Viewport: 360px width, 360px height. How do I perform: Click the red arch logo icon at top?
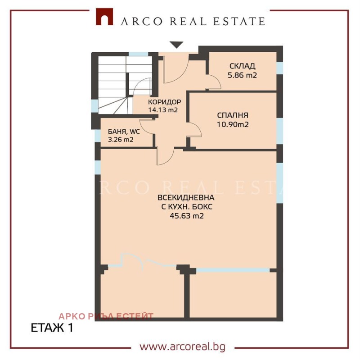[x=104, y=18]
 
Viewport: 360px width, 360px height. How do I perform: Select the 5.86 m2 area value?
[x=242, y=75]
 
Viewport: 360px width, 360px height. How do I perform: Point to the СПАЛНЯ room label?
[x=233, y=115]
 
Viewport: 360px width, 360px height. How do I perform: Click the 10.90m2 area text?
[x=233, y=124]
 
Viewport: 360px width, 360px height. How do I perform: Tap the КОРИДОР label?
[x=164, y=102]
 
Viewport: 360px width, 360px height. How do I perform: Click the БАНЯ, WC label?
[x=124, y=132]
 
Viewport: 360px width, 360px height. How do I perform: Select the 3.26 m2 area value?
[x=121, y=140]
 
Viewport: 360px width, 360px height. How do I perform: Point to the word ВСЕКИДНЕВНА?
[x=185, y=198]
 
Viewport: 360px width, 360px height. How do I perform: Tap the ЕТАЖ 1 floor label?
[x=52, y=328]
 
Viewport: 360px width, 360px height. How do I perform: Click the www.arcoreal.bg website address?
[x=182, y=347]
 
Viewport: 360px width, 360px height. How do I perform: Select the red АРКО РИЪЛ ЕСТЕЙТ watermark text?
[x=106, y=316]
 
